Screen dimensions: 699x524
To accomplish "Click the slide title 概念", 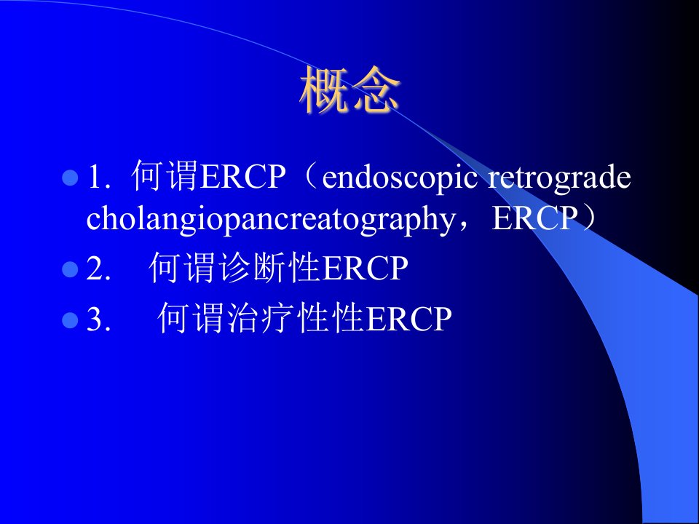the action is tap(350, 90).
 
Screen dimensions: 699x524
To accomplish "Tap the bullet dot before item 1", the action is tap(70, 178).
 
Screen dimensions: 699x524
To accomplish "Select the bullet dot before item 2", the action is tap(70, 269).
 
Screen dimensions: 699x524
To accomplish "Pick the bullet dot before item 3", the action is tap(70, 320).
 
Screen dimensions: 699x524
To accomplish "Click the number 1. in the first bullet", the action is tap(99, 178).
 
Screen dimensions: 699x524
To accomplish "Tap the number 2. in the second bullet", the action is tap(98, 269).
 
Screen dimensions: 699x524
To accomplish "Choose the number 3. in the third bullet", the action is tap(98, 319).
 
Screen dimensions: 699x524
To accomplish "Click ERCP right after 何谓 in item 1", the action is tap(242, 177).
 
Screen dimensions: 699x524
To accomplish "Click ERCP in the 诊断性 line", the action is tap(365, 269).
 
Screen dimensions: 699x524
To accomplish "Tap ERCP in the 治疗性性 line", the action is tap(408, 319).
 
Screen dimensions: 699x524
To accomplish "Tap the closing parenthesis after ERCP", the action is tap(588, 218).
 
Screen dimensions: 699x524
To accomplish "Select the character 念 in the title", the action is tap(376, 90).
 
